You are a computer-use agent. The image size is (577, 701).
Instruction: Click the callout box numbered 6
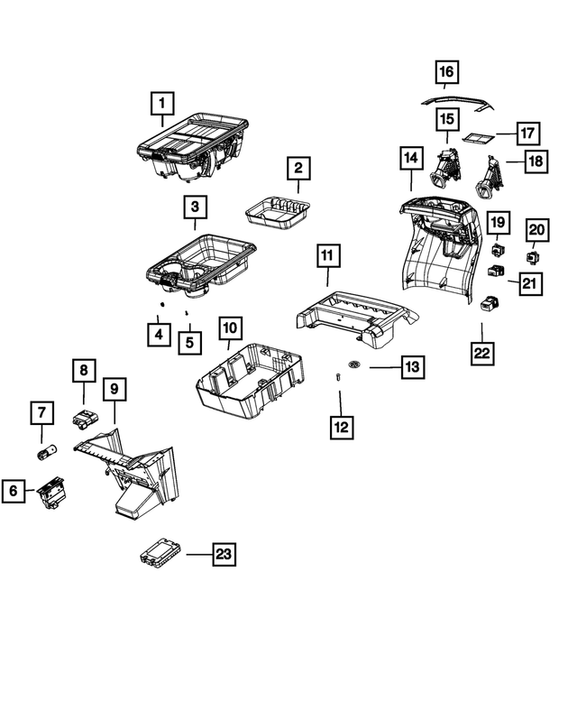point(14,491)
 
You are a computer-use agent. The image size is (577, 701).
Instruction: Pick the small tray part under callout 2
point(279,212)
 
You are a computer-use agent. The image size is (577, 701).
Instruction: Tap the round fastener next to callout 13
point(354,364)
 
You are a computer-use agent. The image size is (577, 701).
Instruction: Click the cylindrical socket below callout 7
point(47,450)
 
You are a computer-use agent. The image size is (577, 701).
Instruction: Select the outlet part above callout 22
point(490,303)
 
